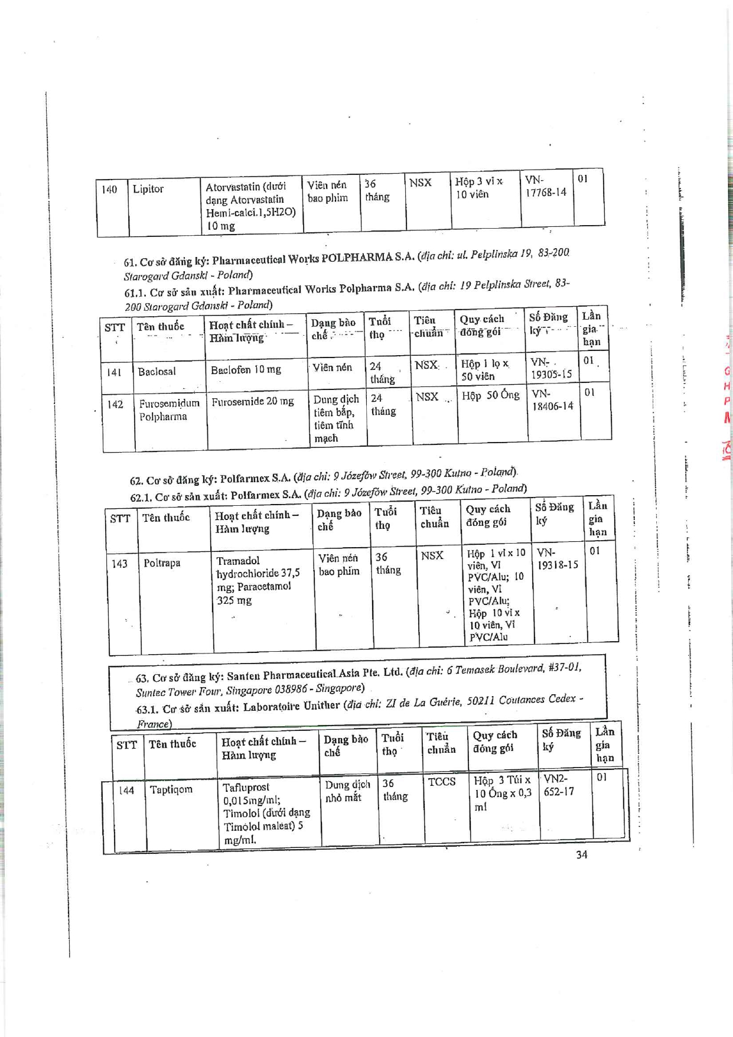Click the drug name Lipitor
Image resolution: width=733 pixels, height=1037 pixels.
click(x=148, y=189)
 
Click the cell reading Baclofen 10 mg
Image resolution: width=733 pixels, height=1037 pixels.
click(x=246, y=370)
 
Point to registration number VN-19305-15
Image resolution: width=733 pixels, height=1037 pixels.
click(x=550, y=368)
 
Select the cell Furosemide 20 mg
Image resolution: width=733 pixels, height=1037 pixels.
click(x=252, y=401)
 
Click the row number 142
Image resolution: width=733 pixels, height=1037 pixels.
click(x=115, y=404)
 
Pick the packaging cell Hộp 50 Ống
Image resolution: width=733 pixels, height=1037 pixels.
click(x=490, y=395)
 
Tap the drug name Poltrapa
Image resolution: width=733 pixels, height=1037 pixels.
click(x=162, y=563)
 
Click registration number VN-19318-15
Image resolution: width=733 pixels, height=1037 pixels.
click(x=557, y=559)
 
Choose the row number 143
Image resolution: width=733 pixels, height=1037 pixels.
click(x=119, y=564)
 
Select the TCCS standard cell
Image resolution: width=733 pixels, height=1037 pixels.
click(x=441, y=782)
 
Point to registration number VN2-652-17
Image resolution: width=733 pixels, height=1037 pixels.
click(x=558, y=785)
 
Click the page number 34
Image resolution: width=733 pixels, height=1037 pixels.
click(x=581, y=854)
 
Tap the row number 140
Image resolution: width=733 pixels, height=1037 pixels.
click(x=109, y=190)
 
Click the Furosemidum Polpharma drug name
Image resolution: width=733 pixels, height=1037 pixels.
click(x=169, y=409)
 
